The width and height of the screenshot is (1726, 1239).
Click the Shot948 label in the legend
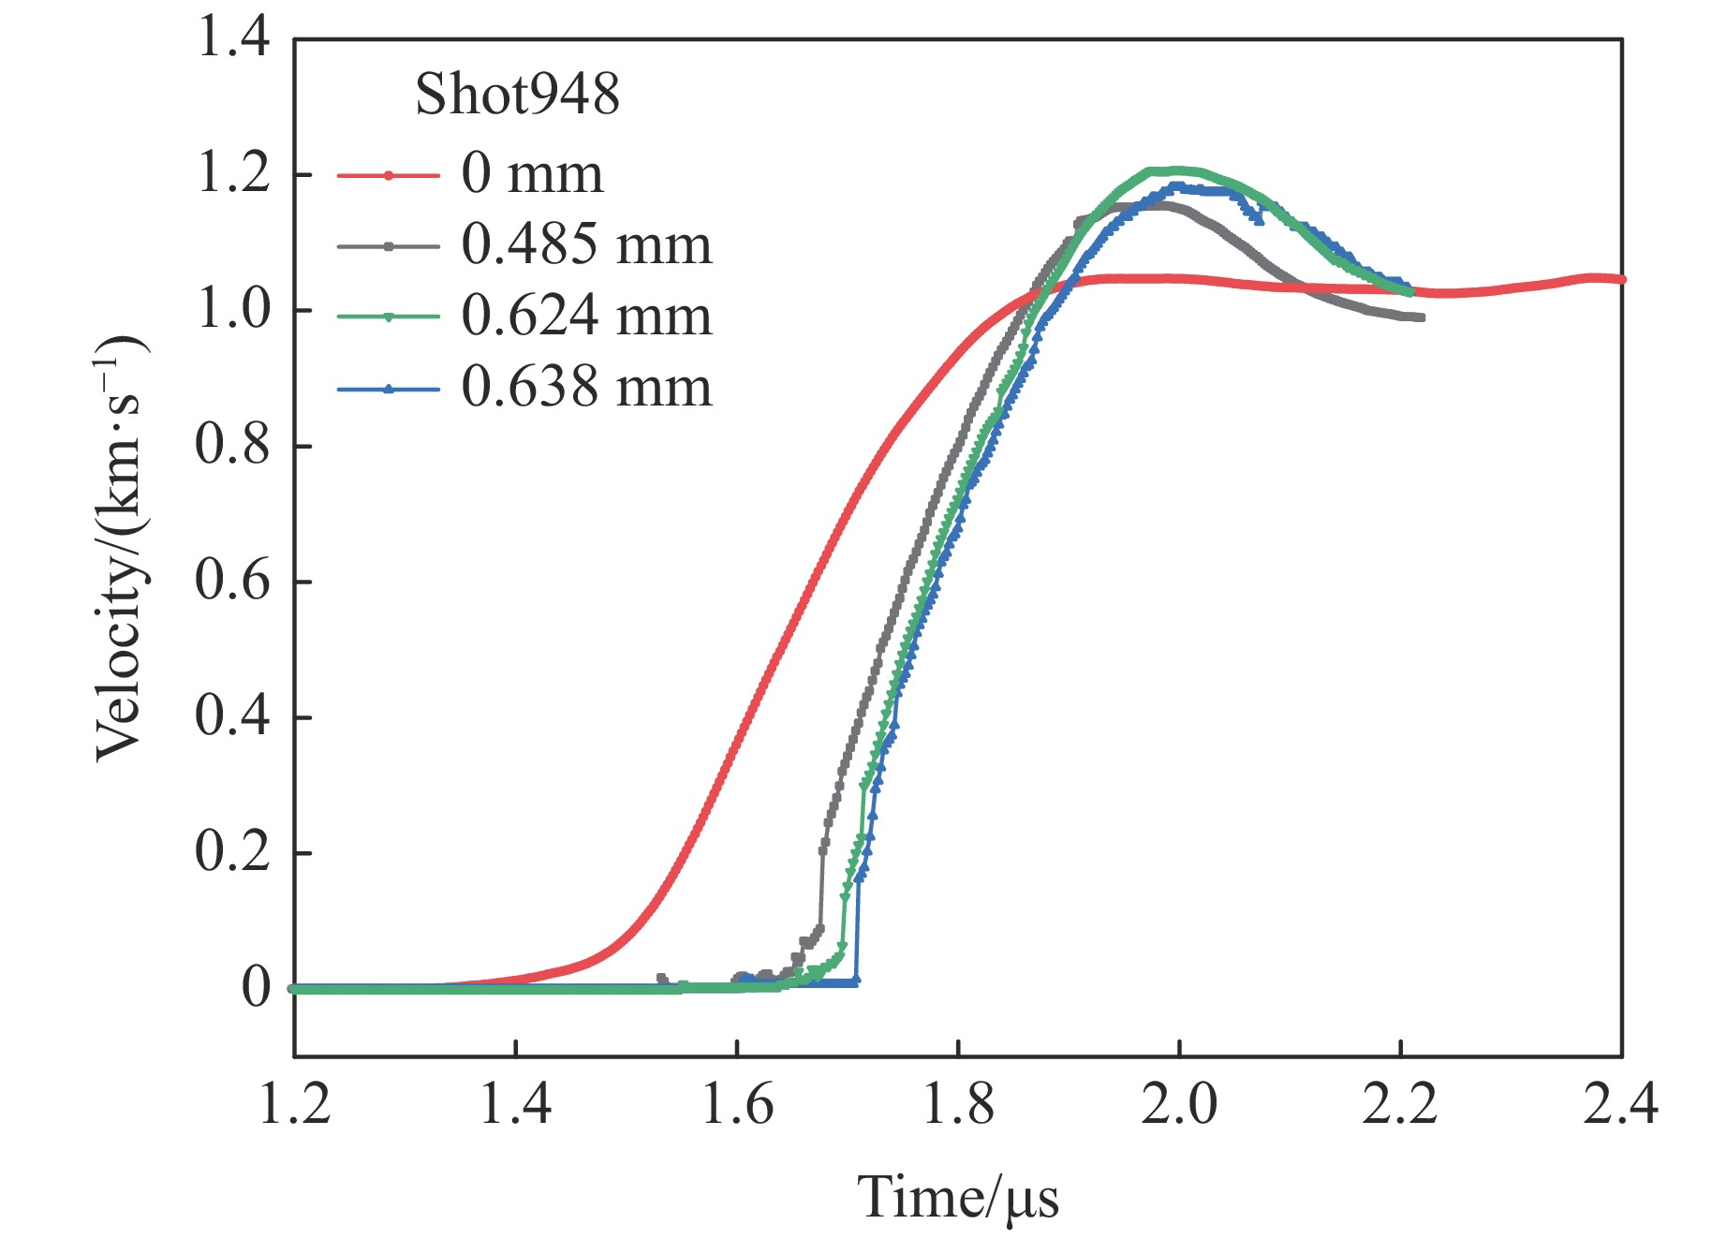point(517,95)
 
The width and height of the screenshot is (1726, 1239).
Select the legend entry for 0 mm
point(532,174)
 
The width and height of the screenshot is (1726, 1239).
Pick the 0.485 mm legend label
point(586,245)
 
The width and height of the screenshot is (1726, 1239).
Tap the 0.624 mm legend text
point(586,317)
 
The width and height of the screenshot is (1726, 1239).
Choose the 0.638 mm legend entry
point(586,388)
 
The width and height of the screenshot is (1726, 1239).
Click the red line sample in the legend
point(388,175)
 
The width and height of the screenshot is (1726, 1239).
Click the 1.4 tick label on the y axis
point(233,39)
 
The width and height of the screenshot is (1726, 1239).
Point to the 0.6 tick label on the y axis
point(233,581)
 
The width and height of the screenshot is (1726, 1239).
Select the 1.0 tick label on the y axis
point(233,310)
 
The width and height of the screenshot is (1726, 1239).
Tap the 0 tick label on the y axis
point(256,988)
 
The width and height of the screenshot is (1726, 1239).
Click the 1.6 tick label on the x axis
point(737,1105)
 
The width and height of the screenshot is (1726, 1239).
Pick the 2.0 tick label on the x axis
point(1179,1105)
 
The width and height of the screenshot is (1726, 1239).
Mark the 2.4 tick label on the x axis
point(1620,1105)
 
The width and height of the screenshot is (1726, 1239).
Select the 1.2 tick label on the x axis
point(295,1105)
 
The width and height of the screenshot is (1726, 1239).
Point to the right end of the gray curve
point(1422,318)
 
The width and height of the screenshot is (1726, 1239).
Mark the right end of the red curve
point(1622,279)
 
